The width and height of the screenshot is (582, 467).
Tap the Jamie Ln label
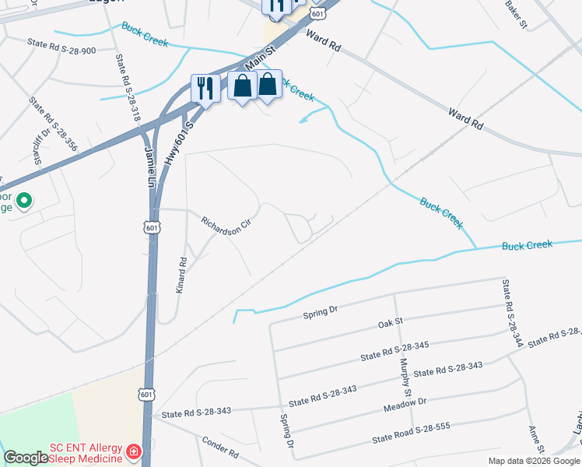149,168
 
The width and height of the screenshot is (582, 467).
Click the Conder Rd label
220,446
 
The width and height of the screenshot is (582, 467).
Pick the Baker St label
516,14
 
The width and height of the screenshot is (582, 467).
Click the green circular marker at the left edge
24,201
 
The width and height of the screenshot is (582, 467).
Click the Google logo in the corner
25,458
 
